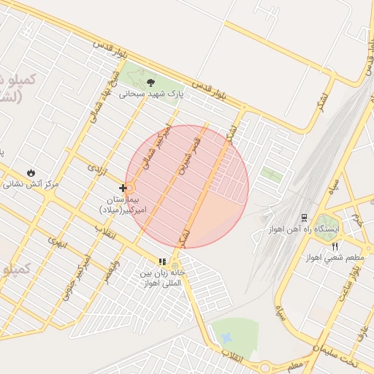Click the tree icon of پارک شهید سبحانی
tap(151, 82)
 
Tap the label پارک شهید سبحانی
tap(151, 94)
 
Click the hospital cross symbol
tap(123, 188)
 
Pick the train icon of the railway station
tap(304, 217)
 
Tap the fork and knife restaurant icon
tap(335, 246)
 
